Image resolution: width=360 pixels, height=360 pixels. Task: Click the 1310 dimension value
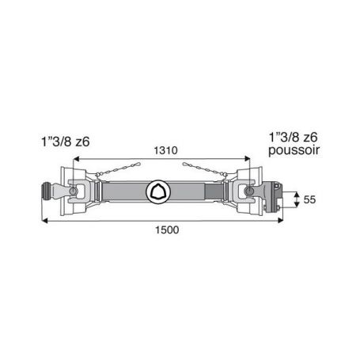pyautogui.click(x=165, y=150)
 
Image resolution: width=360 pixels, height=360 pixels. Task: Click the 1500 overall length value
pyautogui.click(x=167, y=230)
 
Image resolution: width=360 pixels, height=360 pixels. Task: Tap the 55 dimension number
pyautogui.click(x=309, y=199)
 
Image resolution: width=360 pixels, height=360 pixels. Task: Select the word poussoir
pyautogui.click(x=294, y=150)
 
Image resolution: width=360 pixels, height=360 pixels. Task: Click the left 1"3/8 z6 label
pyautogui.click(x=66, y=142)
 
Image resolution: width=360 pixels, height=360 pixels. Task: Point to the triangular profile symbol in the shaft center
pyautogui.click(x=158, y=191)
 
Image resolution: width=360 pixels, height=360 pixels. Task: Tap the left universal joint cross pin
pyautogui.click(x=73, y=191)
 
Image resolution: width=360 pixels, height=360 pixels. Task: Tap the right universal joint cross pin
pyautogui.click(x=249, y=191)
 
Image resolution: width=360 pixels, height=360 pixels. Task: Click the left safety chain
pyautogui.click(x=118, y=169)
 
